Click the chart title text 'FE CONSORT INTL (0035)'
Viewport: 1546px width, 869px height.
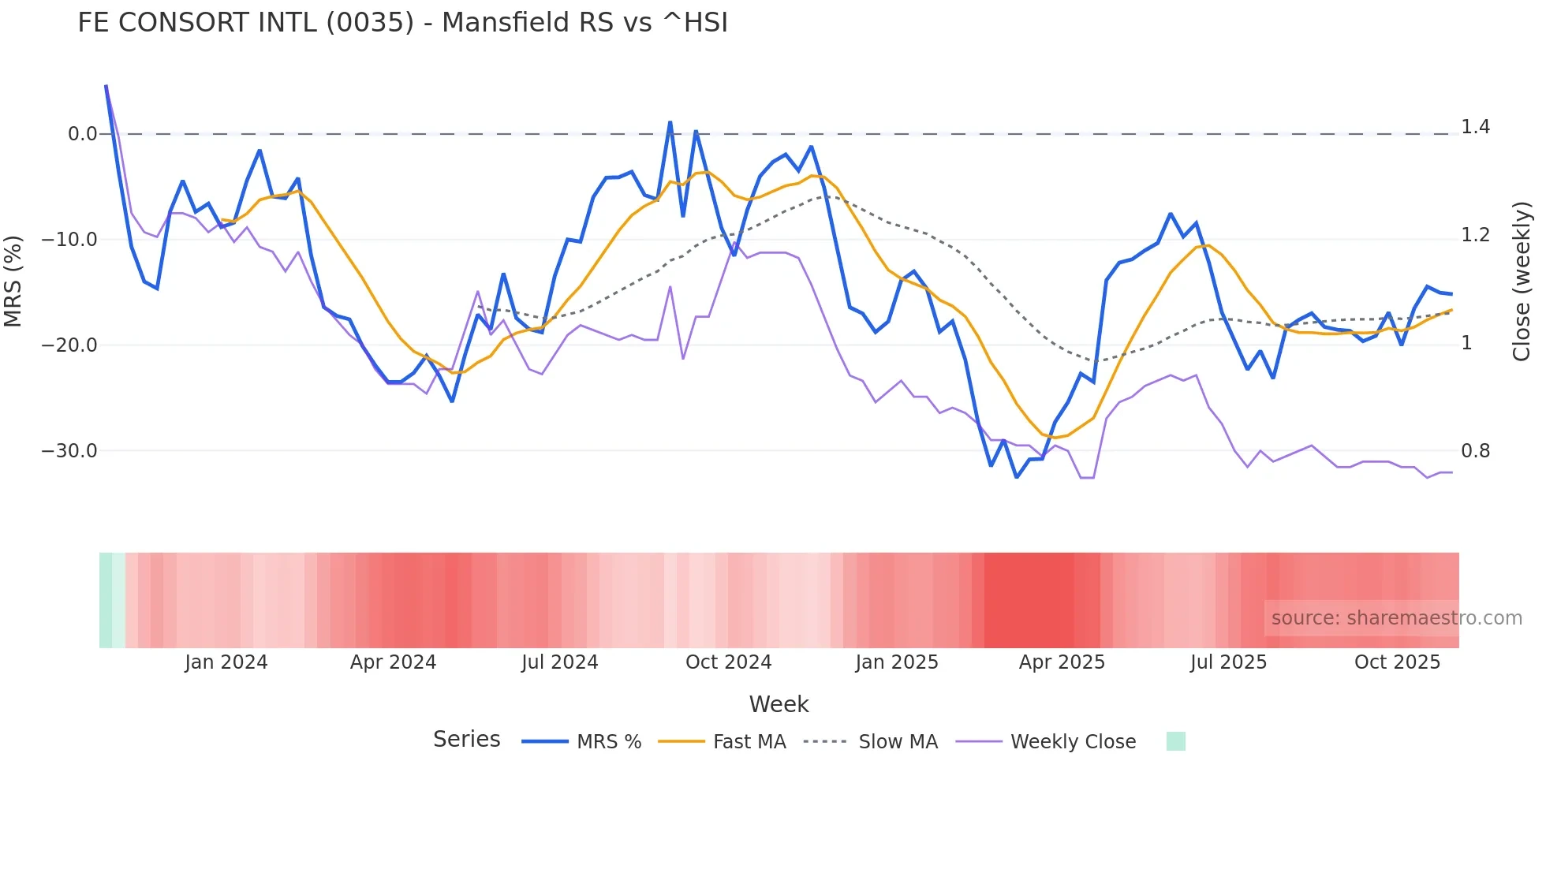pyautogui.click(x=245, y=23)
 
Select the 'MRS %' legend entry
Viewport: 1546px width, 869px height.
pyautogui.click(x=608, y=742)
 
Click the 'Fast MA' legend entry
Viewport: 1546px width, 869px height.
pyautogui.click(x=749, y=742)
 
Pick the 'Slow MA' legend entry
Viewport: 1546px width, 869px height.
pyautogui.click(x=898, y=742)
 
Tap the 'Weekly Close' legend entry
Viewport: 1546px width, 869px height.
pyautogui.click(x=1073, y=742)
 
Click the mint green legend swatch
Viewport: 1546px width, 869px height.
pyautogui.click(x=1175, y=741)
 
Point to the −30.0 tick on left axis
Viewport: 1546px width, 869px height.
pyautogui.click(x=69, y=451)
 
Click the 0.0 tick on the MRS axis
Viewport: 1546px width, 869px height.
pyautogui.click(x=82, y=134)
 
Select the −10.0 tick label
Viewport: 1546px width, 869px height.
pyautogui.click(x=69, y=240)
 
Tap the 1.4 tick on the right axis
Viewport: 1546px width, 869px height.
pyautogui.click(x=1475, y=127)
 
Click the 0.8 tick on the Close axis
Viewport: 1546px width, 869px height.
pyautogui.click(x=1475, y=451)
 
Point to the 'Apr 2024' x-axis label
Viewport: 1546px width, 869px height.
pyautogui.click(x=393, y=662)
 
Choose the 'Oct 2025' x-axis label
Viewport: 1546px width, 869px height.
pyautogui.click(x=1397, y=662)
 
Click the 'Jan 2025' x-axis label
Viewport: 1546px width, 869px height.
pyautogui.click(x=897, y=662)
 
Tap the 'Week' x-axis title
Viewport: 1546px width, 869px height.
pyautogui.click(x=779, y=704)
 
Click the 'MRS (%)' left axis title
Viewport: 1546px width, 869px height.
pyautogui.click(x=13, y=282)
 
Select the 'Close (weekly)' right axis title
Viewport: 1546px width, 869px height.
pyautogui.click(x=1522, y=282)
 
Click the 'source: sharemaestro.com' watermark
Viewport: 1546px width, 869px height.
pyautogui.click(x=1396, y=618)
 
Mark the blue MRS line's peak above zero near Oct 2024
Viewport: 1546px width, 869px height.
pyautogui.click(x=670, y=123)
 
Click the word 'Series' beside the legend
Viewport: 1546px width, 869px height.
pyautogui.click(x=466, y=740)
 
